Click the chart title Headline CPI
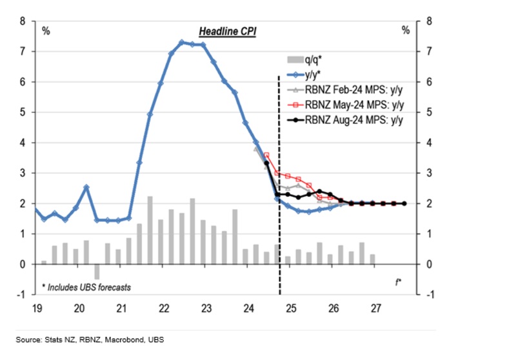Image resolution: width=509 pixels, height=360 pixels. point(226,31)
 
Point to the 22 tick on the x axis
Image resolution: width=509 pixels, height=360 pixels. point(165,307)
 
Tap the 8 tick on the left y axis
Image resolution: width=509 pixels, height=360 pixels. point(23,21)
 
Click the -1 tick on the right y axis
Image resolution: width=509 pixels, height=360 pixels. point(429,294)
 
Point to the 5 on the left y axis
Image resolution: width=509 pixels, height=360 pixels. point(23,112)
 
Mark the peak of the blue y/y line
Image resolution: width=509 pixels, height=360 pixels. point(181,43)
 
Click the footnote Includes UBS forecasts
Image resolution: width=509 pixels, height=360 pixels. point(86,286)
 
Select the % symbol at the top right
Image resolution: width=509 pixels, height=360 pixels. point(405,30)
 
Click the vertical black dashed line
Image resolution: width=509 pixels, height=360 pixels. point(279,194)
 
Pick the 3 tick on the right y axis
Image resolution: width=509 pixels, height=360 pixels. point(428,173)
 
